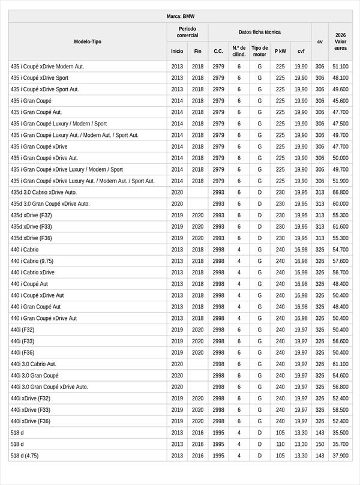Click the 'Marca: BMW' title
(181, 17)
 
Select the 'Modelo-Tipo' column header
(88, 41)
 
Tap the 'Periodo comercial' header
(187, 32)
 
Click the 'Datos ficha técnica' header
(259, 32)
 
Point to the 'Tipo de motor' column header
(260, 51)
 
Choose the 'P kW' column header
(280, 51)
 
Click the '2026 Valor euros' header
(340, 41)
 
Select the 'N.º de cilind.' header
(239, 51)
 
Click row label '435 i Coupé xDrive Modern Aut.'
(47, 66)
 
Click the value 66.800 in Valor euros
(340, 192)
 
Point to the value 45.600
(340, 101)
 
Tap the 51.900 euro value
(340, 181)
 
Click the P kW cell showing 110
(280, 444)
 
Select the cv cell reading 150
(320, 444)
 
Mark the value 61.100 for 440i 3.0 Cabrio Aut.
(340, 364)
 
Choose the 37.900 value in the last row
(340, 456)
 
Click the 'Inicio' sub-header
(177, 51)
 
